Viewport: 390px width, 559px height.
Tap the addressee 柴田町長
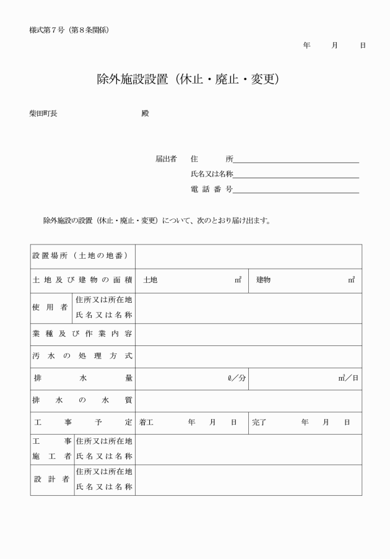[x=43, y=114]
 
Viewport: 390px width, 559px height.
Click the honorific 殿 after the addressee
[x=145, y=114]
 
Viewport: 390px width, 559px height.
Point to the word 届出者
[x=166, y=159]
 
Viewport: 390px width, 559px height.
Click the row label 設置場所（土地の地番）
[x=80, y=256]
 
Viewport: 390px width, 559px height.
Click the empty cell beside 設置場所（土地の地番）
[x=248, y=256]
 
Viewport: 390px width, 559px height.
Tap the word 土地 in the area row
[x=150, y=280]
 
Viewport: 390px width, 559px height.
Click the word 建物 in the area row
[x=263, y=280]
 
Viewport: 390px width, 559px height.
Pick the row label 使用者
[x=51, y=308]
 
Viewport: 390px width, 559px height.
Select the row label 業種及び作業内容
[x=82, y=334]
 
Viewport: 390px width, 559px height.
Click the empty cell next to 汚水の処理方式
[x=248, y=356]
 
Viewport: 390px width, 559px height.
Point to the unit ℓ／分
[x=236, y=378]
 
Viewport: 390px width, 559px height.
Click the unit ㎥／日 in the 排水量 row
[x=348, y=378]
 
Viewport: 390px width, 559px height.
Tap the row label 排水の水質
[x=82, y=401]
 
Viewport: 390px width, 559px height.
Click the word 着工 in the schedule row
[x=146, y=423]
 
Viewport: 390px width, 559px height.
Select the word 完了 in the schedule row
[x=259, y=423]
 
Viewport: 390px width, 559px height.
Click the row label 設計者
[x=51, y=480]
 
